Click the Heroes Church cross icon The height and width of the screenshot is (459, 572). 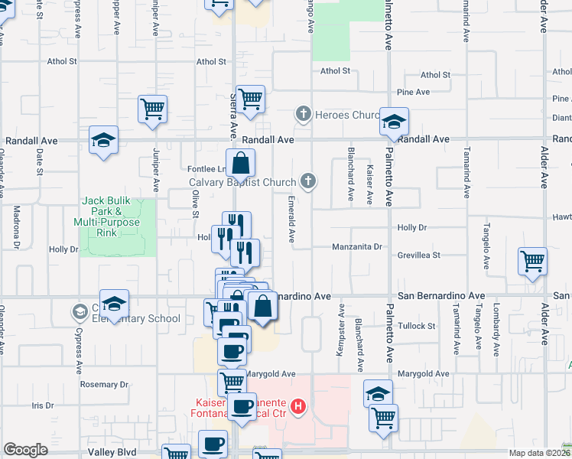(303, 115)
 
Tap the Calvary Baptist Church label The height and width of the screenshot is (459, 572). (242, 182)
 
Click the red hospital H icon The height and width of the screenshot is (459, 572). (299, 405)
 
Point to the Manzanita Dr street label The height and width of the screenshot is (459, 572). (357, 247)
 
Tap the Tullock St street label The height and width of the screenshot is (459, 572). (416, 326)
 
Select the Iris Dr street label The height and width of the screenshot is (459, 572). (43, 405)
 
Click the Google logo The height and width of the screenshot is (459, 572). (25, 450)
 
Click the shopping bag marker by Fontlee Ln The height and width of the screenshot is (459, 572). (241, 163)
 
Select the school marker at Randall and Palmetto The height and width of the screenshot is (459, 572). (395, 122)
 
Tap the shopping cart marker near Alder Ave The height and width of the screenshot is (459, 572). (532, 261)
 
